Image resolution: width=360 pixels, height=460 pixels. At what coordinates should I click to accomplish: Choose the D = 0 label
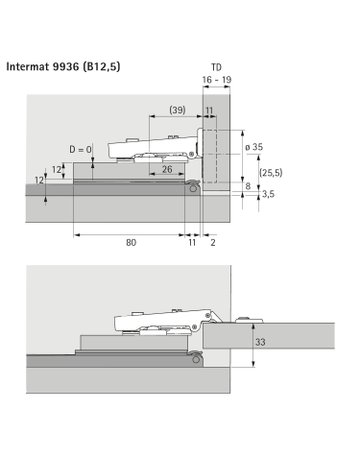81,151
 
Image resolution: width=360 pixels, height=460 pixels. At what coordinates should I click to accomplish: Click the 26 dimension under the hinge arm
166,170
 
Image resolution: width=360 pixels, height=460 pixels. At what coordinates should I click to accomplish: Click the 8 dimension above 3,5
248,186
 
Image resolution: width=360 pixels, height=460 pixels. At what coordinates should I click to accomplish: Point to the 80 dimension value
130,242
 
